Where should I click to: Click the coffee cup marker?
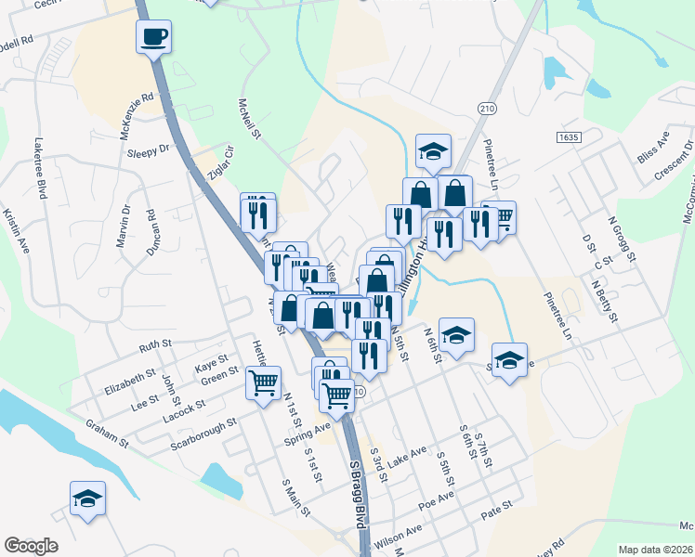coord(154,37)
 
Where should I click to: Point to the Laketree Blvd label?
coord(40,169)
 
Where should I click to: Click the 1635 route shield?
coord(569,136)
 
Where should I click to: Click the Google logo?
coord(31,545)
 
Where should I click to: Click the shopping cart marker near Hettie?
coord(264,381)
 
